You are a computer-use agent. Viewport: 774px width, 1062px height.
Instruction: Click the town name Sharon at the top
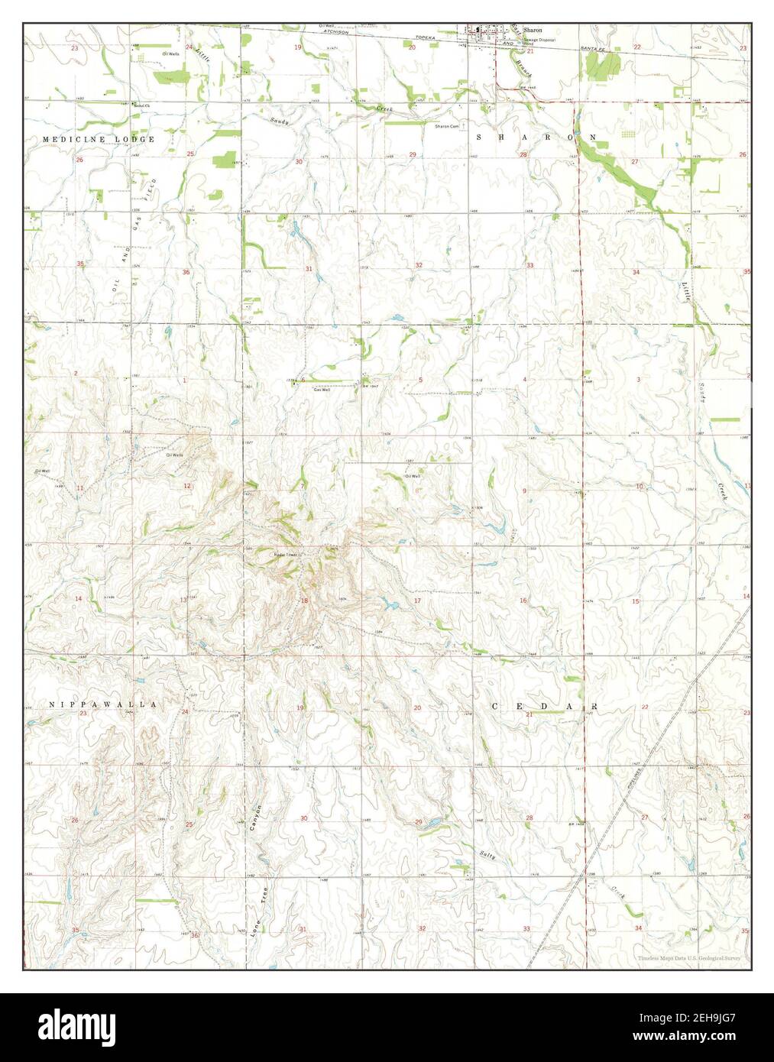point(533,30)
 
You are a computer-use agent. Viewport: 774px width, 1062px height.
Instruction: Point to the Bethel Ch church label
point(140,105)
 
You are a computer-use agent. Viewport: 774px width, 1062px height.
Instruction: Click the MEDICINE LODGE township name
point(99,139)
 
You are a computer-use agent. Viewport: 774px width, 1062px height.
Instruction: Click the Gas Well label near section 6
point(322,389)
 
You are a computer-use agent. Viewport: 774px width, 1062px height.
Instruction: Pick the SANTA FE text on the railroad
point(562,47)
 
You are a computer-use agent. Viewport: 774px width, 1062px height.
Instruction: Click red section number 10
point(639,486)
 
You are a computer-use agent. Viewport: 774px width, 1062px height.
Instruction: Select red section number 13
point(183,601)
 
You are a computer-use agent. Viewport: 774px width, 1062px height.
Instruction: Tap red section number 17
point(417,601)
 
